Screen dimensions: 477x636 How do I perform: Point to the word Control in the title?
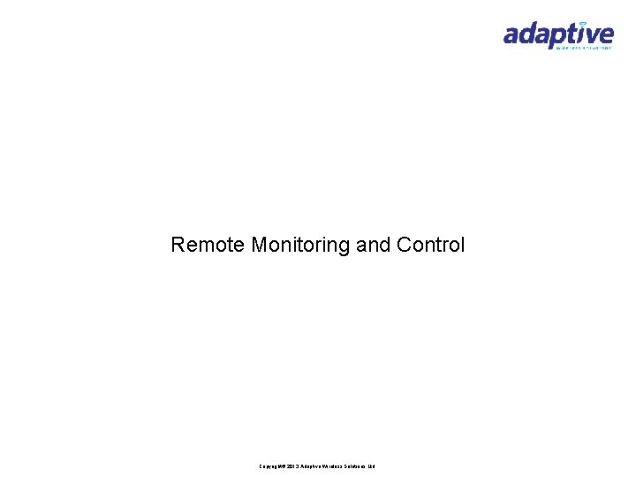(x=431, y=245)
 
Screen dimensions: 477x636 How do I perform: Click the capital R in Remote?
(x=178, y=245)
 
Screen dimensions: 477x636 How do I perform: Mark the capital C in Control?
(x=404, y=245)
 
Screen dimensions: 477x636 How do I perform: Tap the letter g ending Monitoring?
(x=345, y=247)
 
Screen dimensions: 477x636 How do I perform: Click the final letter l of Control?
(x=462, y=245)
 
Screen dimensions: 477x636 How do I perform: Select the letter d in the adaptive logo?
(x=530, y=34)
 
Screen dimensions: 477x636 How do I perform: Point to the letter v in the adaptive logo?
(x=591, y=35)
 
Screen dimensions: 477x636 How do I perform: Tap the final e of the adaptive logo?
(x=605, y=35)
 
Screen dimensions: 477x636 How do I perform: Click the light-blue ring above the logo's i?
(x=582, y=23)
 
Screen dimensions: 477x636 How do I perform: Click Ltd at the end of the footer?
(x=372, y=466)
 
